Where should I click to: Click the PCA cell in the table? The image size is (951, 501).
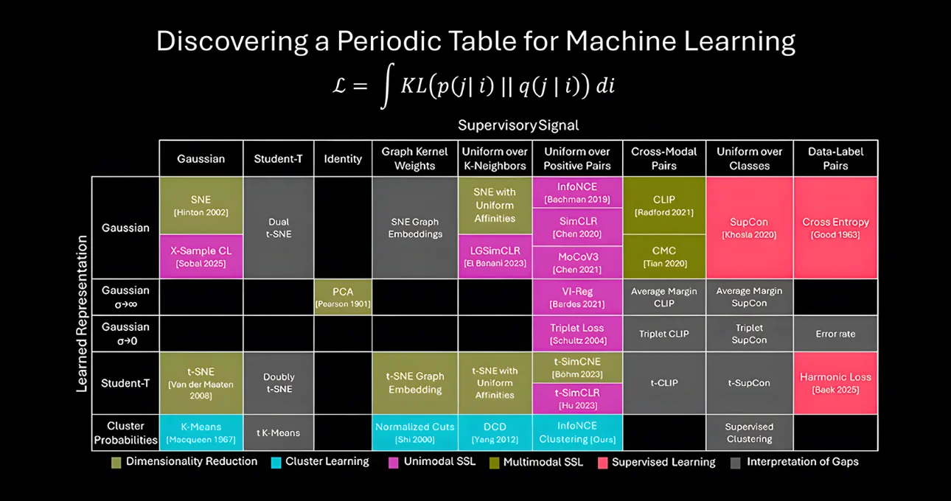(x=343, y=297)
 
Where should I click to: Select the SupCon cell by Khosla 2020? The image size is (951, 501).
(x=749, y=228)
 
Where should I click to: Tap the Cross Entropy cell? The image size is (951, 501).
(x=835, y=228)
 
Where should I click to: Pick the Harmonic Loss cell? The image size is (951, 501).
(x=835, y=382)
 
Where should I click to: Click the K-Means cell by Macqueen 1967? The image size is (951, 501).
(x=201, y=432)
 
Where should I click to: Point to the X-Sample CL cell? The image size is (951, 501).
(x=201, y=256)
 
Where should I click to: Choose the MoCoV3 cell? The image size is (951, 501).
(x=577, y=263)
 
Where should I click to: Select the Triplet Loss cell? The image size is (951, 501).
(x=577, y=334)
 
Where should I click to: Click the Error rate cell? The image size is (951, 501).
(x=835, y=334)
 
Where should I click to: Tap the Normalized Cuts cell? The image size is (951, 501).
(x=415, y=432)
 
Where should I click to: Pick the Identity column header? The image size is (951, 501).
(x=343, y=158)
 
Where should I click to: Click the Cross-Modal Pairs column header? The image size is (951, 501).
(x=663, y=158)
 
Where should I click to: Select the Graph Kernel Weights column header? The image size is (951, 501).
(x=415, y=158)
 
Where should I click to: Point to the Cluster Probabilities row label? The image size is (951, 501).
(x=125, y=432)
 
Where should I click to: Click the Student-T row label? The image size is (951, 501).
(x=125, y=383)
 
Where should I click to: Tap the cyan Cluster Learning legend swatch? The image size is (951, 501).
(x=276, y=462)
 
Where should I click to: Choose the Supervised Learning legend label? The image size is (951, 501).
(x=663, y=462)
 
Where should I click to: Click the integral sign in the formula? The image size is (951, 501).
(x=385, y=86)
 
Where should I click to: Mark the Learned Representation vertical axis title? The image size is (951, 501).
(x=83, y=313)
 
